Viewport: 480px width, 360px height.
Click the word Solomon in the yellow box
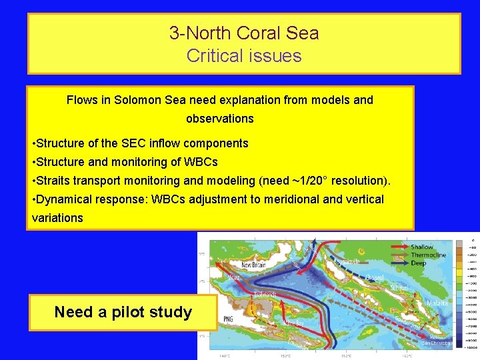(x=138, y=100)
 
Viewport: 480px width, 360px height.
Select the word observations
(x=220, y=119)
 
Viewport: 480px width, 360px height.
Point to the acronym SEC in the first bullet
(x=132, y=143)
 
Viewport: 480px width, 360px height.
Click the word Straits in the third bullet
(x=55, y=181)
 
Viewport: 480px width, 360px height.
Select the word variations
(x=57, y=218)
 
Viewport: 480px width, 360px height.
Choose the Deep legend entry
(x=419, y=263)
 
